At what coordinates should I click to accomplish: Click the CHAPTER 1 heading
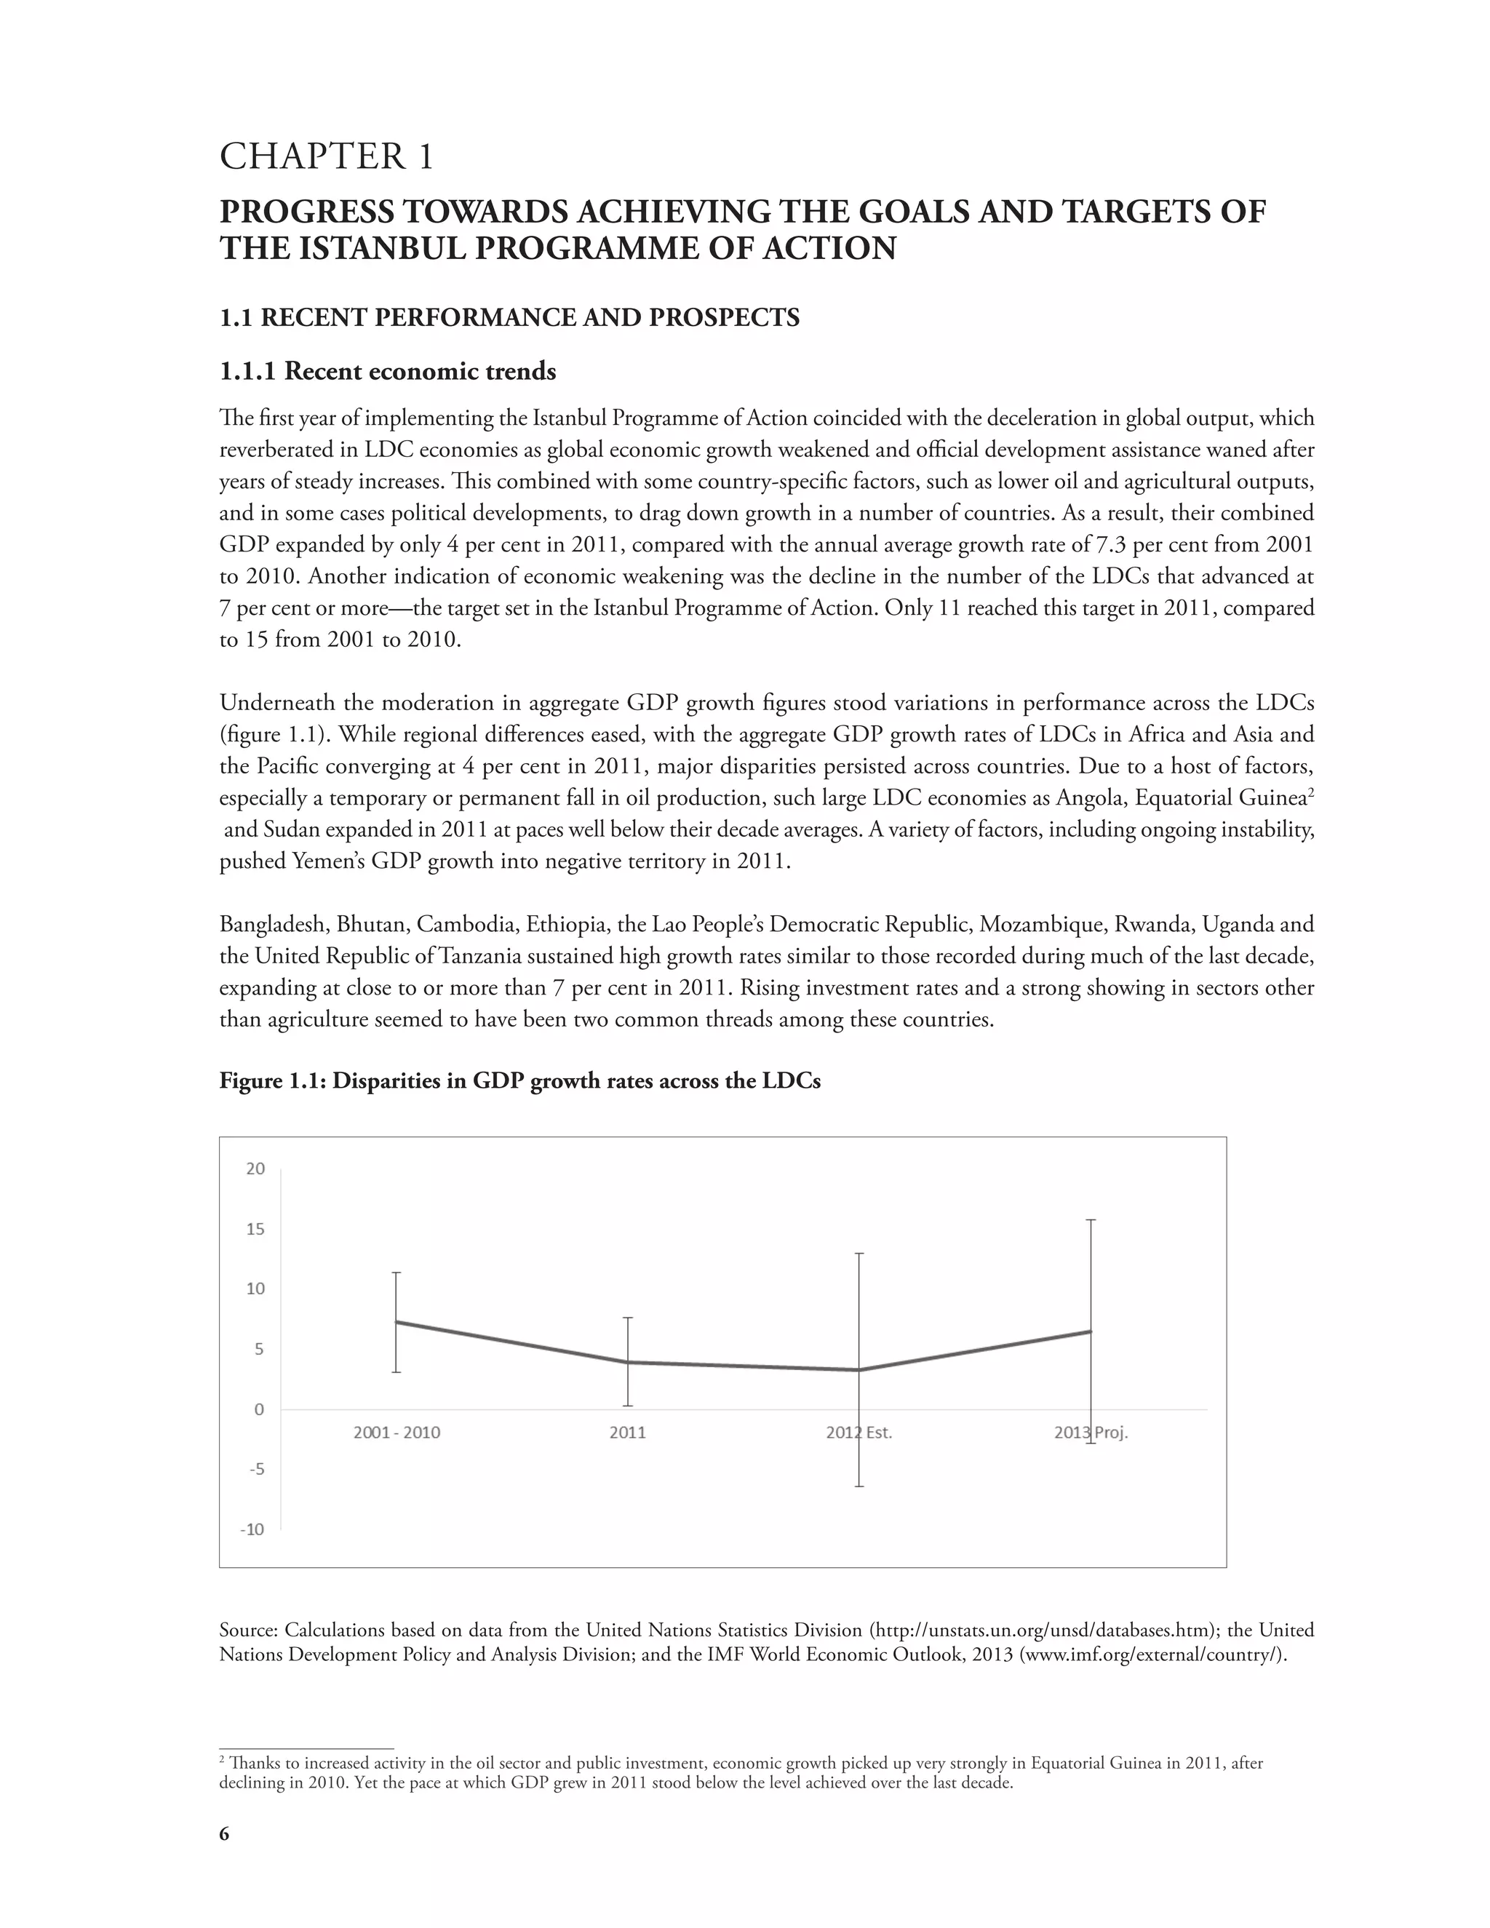327,157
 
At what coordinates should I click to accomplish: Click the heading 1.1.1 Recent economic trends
388,372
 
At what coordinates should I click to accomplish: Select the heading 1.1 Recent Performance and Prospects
509,318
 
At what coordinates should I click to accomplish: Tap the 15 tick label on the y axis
255,1229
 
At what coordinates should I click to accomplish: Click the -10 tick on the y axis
252,1530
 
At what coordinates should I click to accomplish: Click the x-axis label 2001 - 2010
397,1433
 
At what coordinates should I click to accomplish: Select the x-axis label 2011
628,1433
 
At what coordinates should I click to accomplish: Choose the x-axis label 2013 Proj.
1091,1433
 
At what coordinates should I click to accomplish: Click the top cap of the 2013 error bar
1091,1220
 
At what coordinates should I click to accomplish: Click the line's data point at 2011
628,1362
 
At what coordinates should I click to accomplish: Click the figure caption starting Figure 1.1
520,1081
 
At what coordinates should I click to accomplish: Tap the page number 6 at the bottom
224,1834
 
